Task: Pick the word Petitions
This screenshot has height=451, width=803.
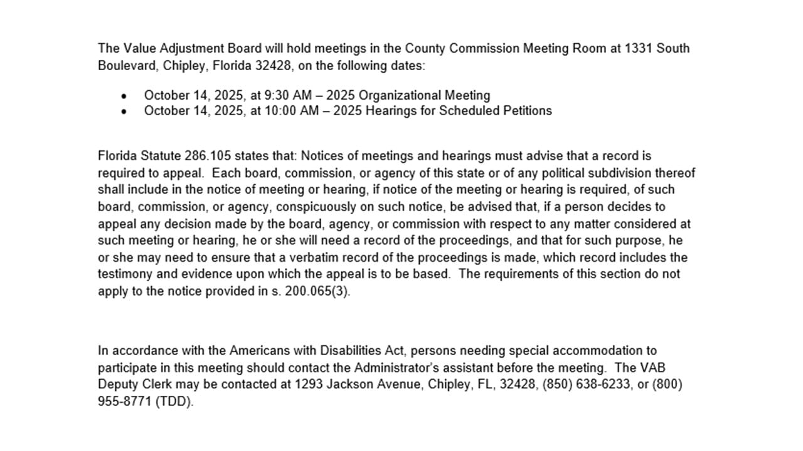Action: (528, 111)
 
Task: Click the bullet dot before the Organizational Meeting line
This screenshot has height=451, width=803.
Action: (124, 96)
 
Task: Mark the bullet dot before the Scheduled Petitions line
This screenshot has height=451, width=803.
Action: (124, 112)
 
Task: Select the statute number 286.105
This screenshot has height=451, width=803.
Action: (207, 156)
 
